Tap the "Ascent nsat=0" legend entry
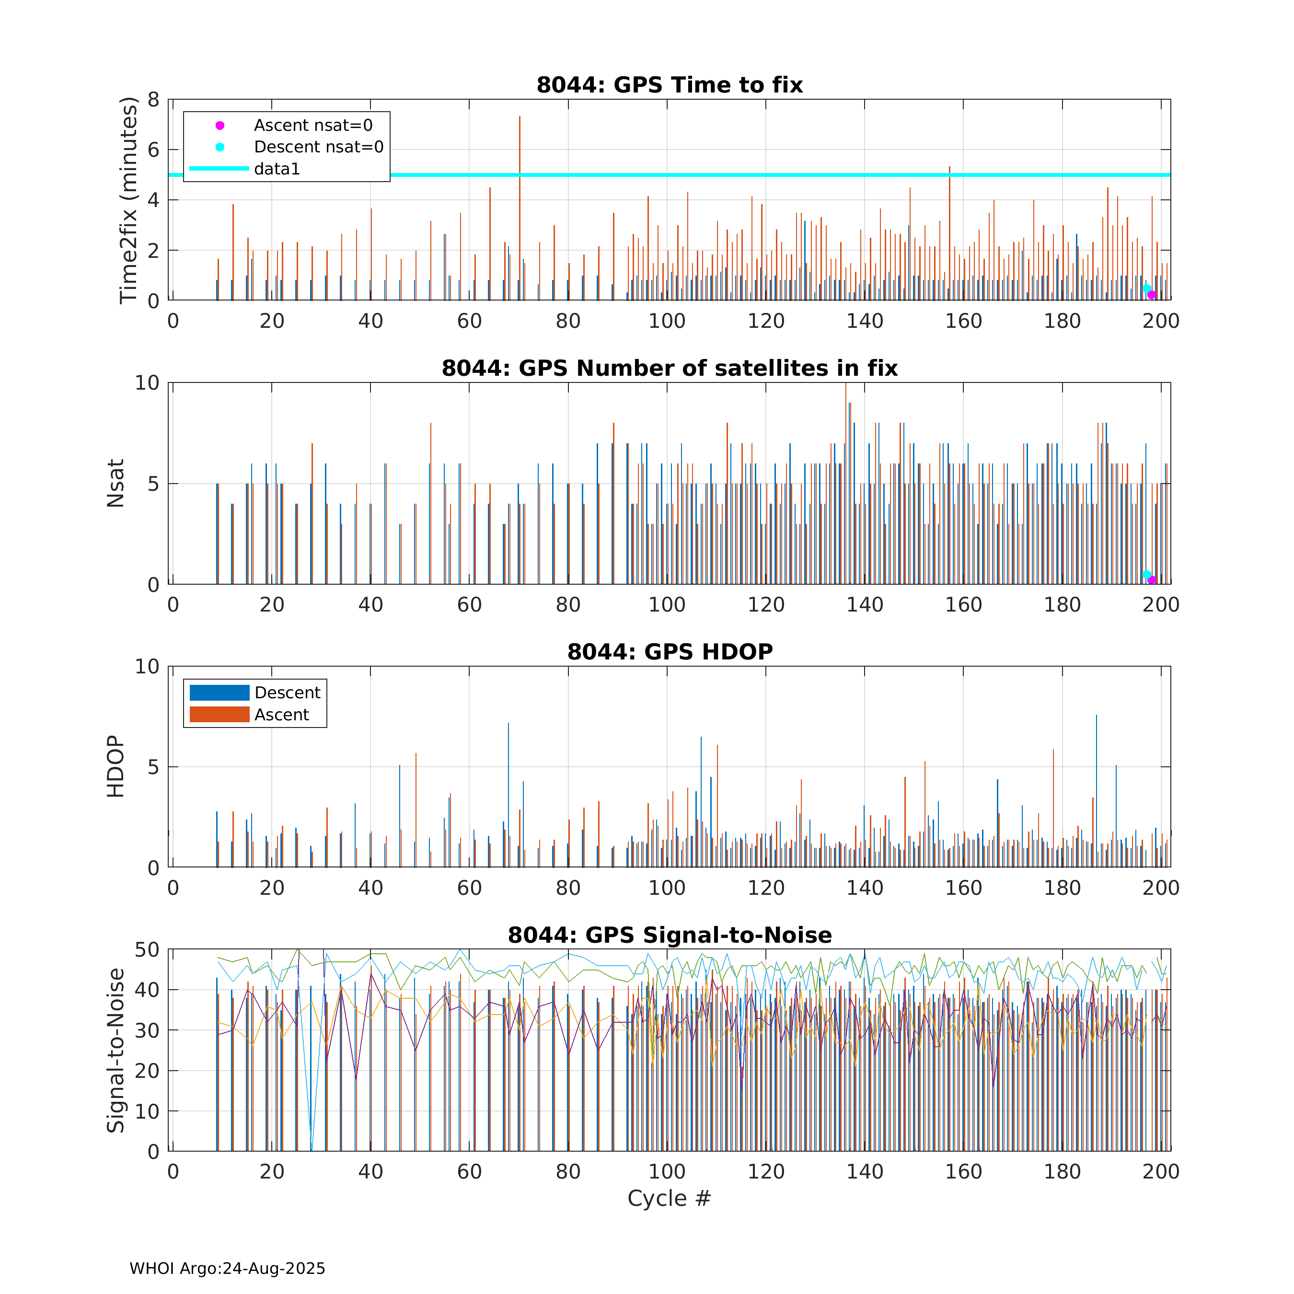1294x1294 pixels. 313,125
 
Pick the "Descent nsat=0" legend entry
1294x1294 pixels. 318,147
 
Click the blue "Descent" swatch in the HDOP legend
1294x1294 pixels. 219,693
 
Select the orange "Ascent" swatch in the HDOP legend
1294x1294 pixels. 219,715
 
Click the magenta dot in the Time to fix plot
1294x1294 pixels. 1151,295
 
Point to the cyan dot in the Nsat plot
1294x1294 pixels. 1147,575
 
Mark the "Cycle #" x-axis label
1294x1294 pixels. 669,1198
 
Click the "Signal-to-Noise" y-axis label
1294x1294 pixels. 116,1050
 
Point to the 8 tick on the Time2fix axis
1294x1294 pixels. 154,100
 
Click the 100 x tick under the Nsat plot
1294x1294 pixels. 667,605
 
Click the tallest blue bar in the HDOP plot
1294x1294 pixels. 1097,790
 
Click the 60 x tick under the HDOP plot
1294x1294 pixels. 470,888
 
